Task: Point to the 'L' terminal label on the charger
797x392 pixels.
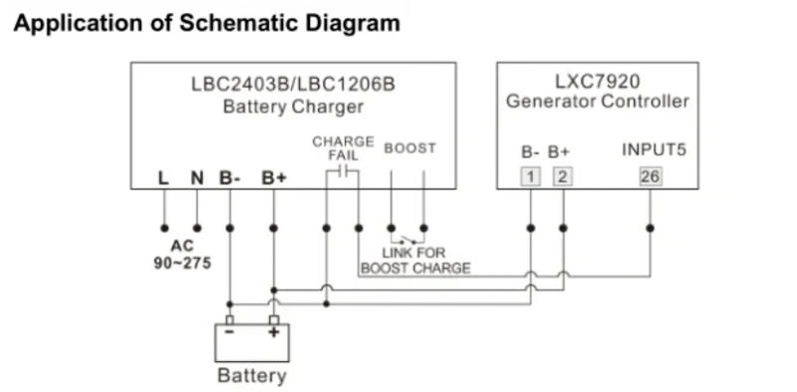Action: click(163, 179)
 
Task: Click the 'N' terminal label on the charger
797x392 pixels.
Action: click(196, 179)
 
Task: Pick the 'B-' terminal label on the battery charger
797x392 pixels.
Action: click(230, 179)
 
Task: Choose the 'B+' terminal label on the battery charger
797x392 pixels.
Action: click(274, 179)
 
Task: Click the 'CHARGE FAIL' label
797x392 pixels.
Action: click(343, 149)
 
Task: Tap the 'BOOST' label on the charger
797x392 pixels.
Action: click(409, 149)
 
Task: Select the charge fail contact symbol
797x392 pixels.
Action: click(343, 172)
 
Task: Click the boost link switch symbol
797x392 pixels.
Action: click(406, 239)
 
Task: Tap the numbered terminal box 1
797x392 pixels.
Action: click(531, 178)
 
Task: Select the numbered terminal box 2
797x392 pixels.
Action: click(563, 178)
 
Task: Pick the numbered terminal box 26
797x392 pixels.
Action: click(651, 178)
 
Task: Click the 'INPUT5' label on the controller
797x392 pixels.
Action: click(653, 152)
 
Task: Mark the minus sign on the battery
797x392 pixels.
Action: click(230, 334)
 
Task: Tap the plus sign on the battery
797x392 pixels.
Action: click(273, 334)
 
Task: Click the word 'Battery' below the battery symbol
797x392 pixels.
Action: click(251, 376)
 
